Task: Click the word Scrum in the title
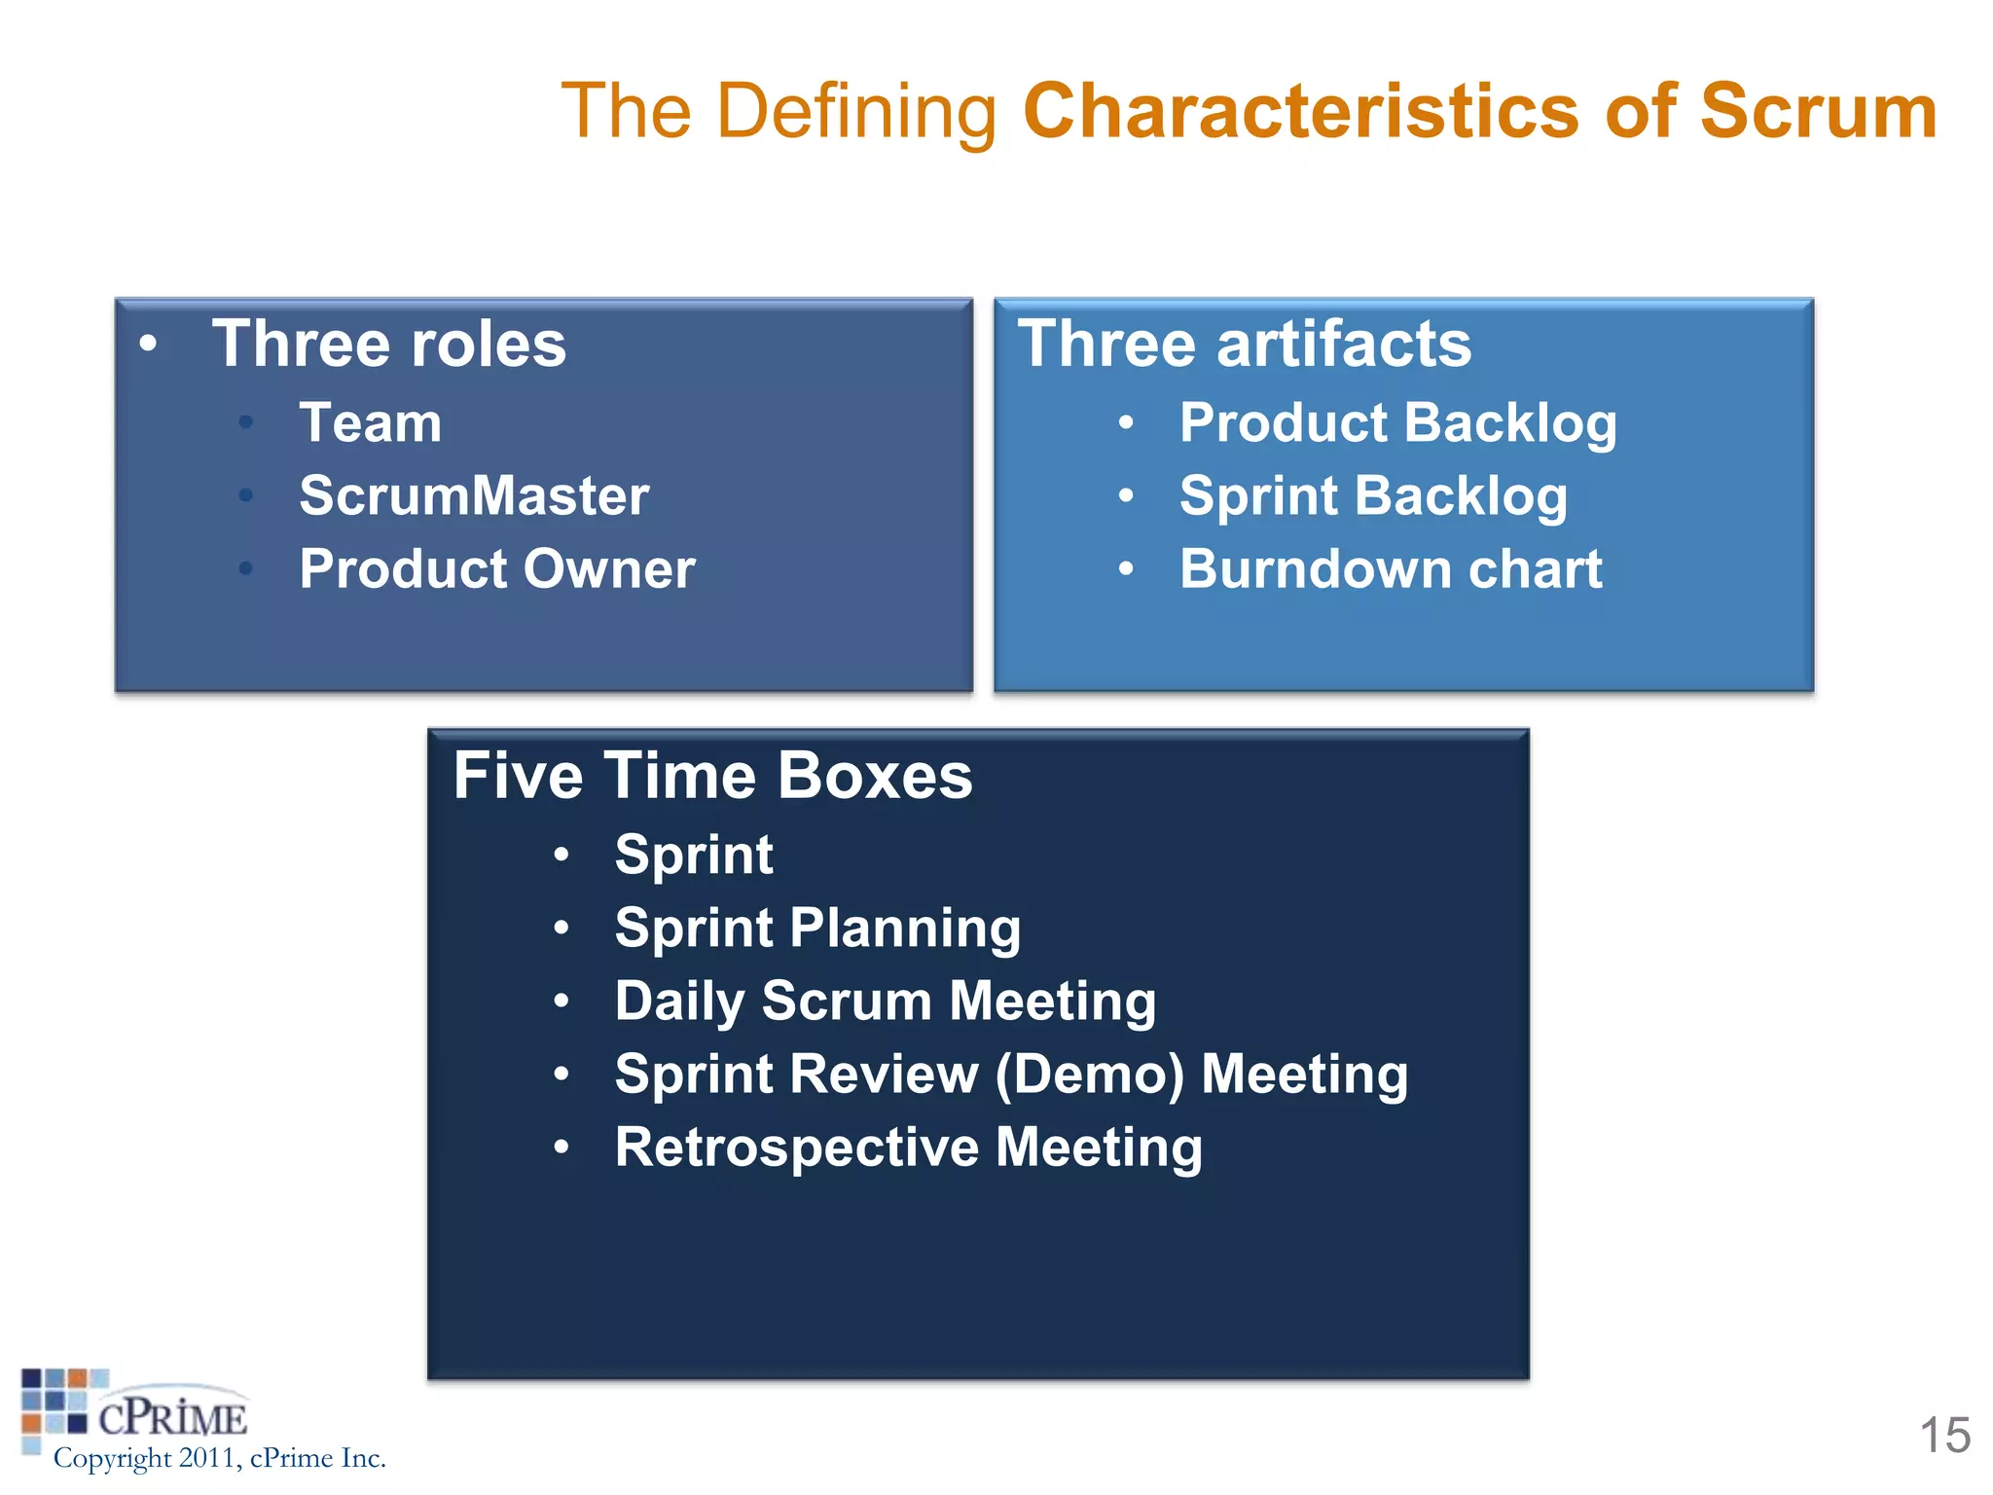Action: pyautogui.click(x=1818, y=111)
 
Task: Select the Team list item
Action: pyautogui.click(x=370, y=423)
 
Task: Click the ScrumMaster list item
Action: pyautogui.click(x=474, y=496)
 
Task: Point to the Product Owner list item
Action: pyautogui.click(x=496, y=569)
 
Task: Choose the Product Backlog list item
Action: pyautogui.click(x=1397, y=423)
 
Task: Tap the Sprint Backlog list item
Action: pyautogui.click(x=1373, y=496)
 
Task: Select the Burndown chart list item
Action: pyautogui.click(x=1390, y=569)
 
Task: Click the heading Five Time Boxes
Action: pyautogui.click(x=712, y=776)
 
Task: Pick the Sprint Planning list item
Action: pyautogui.click(x=817, y=928)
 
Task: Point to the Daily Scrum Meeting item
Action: pyautogui.click(x=885, y=1001)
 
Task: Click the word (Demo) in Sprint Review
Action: pyautogui.click(x=1089, y=1075)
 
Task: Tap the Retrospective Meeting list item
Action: pyautogui.click(x=908, y=1148)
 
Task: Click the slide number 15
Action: pyautogui.click(x=1944, y=1436)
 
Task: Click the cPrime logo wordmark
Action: pyautogui.click(x=172, y=1418)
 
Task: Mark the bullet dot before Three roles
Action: pyautogui.click(x=148, y=343)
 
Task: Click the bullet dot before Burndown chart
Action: pyautogui.click(x=1126, y=569)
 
